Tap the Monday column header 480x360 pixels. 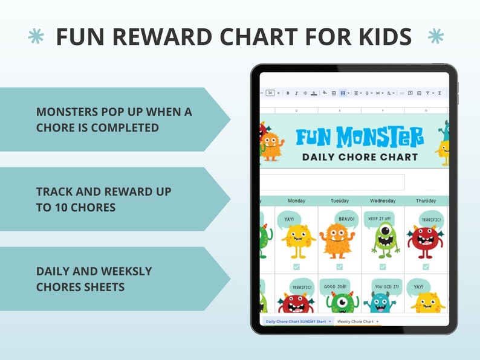(296, 201)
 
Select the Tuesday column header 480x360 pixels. (339, 201)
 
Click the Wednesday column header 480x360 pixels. (383, 201)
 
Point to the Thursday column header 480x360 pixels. (426, 201)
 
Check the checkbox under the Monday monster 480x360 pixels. (296, 266)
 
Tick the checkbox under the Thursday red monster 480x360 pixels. (426, 266)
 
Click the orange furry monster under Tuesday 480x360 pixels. (337, 240)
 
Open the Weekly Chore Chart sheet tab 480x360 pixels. (355, 322)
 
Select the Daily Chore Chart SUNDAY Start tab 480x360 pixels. (296, 322)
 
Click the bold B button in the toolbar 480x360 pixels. (288, 93)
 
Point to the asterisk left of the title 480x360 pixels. (36, 37)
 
